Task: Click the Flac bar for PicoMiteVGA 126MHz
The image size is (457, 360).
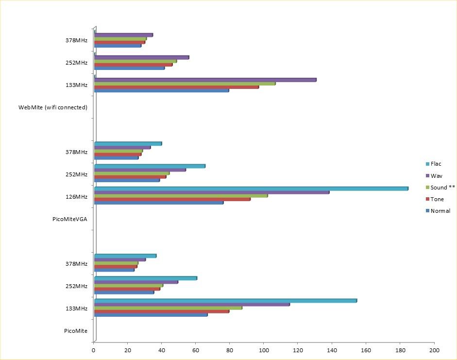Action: (251, 189)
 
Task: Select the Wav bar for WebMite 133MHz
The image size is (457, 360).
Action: (205, 80)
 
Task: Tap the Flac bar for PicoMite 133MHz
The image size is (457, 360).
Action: (225, 301)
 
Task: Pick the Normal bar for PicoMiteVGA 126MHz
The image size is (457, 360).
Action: (159, 203)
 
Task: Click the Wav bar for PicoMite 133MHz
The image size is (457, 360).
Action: (192, 305)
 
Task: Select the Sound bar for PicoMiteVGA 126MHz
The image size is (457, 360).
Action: (181, 196)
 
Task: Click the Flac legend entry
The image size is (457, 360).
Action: (436, 164)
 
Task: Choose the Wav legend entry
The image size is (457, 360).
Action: (436, 175)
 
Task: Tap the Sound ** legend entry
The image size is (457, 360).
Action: (442, 187)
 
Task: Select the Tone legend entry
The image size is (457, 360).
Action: (437, 199)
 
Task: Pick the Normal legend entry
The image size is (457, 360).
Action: (440, 211)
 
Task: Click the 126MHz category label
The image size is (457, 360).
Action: (77, 197)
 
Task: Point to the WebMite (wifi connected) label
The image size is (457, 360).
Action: (53, 107)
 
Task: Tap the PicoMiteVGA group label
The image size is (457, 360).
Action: (69, 219)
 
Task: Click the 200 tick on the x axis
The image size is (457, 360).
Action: (434, 350)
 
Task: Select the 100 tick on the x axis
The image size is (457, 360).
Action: (264, 350)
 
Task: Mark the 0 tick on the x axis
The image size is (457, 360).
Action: (94, 350)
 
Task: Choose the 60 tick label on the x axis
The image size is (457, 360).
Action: (196, 350)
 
